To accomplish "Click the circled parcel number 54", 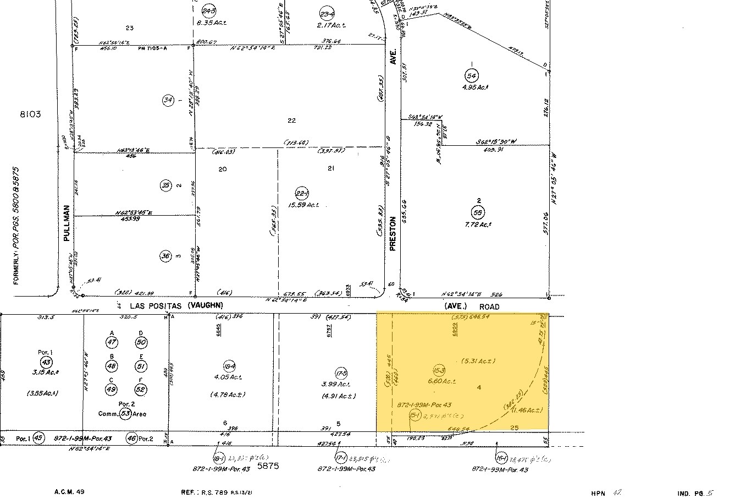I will [471, 75].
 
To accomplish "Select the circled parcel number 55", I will [477, 212].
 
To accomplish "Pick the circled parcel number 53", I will [126, 414].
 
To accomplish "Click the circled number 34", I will [168, 100].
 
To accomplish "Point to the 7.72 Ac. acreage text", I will [477, 224].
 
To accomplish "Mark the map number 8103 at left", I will [30, 114].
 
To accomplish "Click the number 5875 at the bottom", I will [268, 465].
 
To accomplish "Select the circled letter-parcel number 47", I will [113, 342].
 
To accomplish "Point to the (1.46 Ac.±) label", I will [526, 410].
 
